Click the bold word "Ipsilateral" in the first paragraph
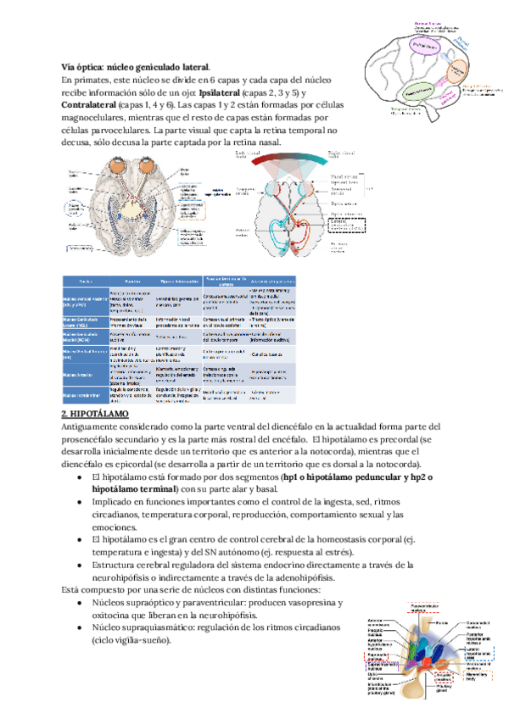[x=221, y=92]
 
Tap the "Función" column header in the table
[x=131, y=280]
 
